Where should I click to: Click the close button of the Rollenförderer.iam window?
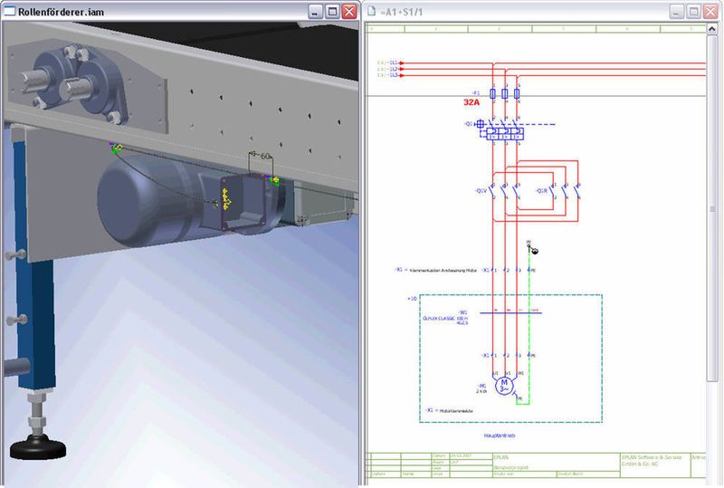point(348,12)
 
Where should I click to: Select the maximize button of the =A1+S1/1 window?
point(693,12)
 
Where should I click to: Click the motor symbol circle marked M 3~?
point(504,386)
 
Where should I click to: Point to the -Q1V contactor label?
point(480,191)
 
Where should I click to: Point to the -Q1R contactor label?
point(542,191)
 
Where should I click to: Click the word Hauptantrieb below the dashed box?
point(500,435)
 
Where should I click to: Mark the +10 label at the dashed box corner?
point(412,298)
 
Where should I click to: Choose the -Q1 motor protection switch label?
point(469,124)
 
